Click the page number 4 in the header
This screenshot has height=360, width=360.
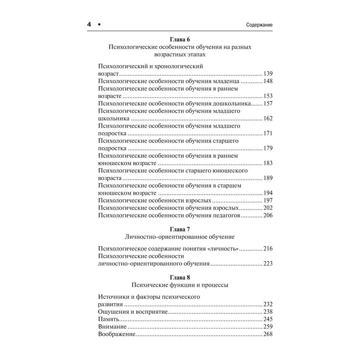coord(90,25)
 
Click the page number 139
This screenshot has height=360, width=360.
coord(268,73)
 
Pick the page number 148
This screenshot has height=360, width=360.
coord(268,81)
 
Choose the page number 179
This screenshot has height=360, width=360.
coord(268,148)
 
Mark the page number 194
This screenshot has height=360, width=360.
coord(268,193)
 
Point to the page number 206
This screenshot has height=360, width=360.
coord(268,216)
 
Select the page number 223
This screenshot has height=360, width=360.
coord(268,264)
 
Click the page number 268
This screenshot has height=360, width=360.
coord(268,334)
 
